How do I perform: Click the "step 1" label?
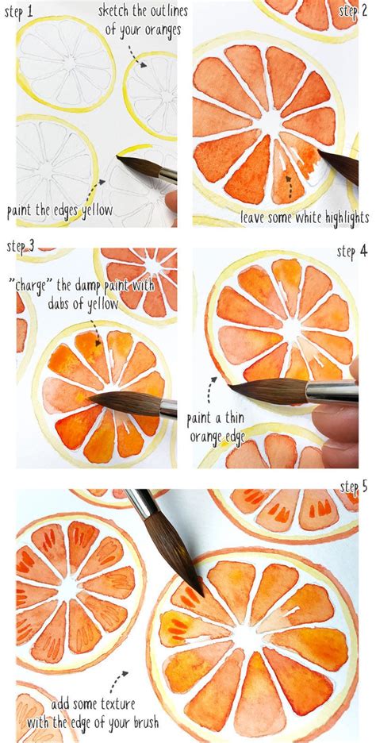21,12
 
